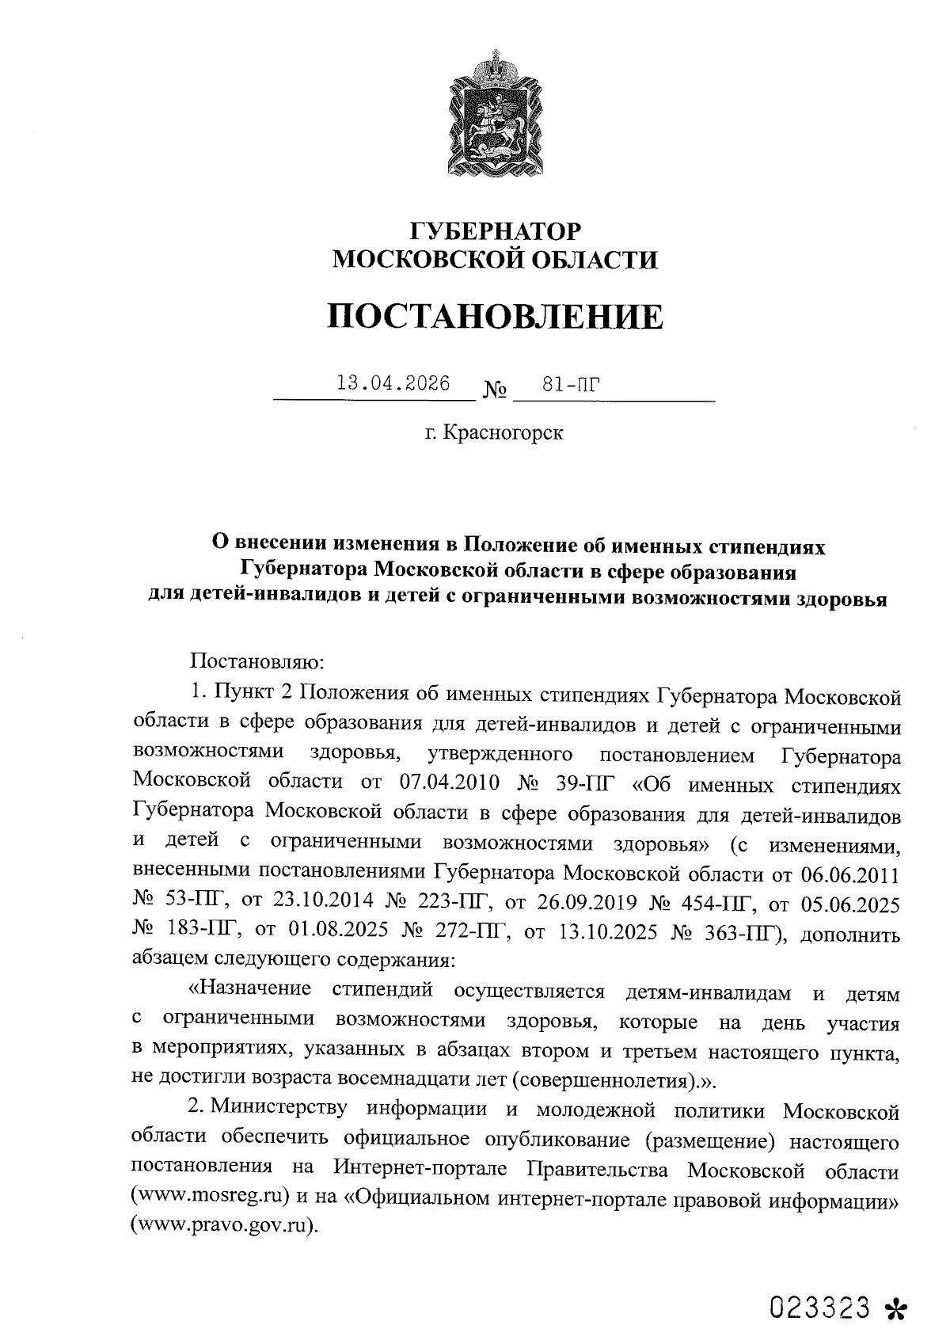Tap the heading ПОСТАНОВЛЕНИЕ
click(x=496, y=316)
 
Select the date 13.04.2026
click(x=393, y=384)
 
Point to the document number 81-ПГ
click(x=568, y=385)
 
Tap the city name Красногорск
click(x=503, y=433)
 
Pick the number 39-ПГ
click(x=583, y=784)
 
